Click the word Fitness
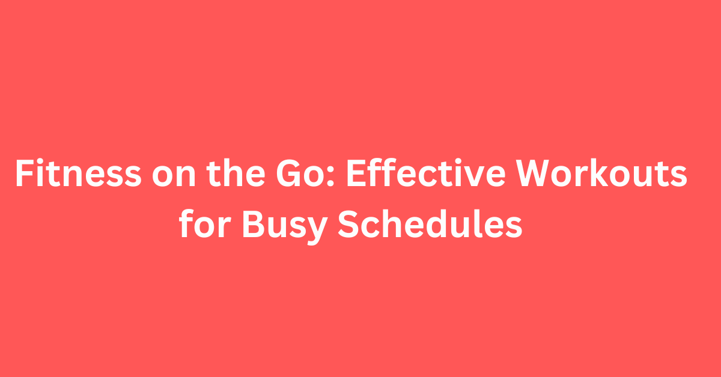click(x=78, y=173)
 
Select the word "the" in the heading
click(x=236, y=173)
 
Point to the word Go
click(x=293, y=173)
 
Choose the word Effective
click(x=425, y=173)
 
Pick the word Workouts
click(x=601, y=173)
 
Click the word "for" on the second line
click(x=205, y=223)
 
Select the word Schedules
click(x=430, y=223)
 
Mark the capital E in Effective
click(x=356, y=173)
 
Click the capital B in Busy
click(x=254, y=223)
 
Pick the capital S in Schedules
click(x=348, y=223)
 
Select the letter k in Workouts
click(x=609, y=173)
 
